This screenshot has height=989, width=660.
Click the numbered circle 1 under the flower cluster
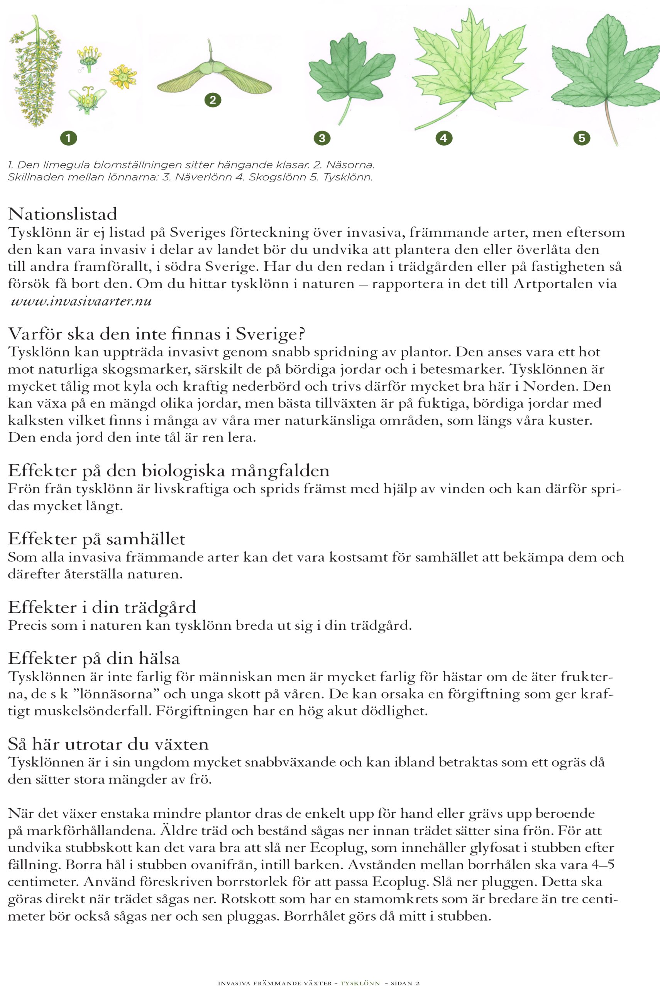(69, 138)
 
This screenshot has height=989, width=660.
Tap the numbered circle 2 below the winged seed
(213, 100)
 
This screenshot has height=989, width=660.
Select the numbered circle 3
(322, 138)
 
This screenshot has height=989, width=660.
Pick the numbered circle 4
(443, 138)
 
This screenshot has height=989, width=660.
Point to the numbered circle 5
(582, 138)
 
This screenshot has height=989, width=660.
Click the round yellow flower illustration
(123, 76)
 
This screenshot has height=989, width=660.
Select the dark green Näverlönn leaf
(350, 71)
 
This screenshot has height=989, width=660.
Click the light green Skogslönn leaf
(469, 67)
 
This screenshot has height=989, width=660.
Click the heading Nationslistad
(62, 214)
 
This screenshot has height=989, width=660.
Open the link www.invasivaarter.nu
(81, 302)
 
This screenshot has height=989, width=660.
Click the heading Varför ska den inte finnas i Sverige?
(156, 334)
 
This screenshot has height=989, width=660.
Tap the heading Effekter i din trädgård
(102, 607)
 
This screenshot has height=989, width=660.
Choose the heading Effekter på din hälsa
(94, 658)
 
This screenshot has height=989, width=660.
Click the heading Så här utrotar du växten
(108, 744)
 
